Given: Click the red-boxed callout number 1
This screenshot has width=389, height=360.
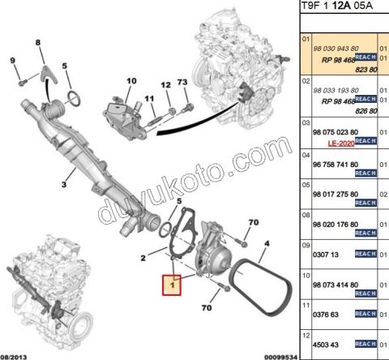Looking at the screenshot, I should coord(173,284).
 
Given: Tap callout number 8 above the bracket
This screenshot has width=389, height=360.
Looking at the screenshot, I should coord(38,43).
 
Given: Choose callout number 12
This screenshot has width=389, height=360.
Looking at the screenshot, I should coord(165,85).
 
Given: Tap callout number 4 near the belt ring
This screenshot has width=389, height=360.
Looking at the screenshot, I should coord(266,242).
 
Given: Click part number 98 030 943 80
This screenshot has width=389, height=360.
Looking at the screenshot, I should coord(337,49).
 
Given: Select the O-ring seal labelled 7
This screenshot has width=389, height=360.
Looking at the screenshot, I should coord(72,99).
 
